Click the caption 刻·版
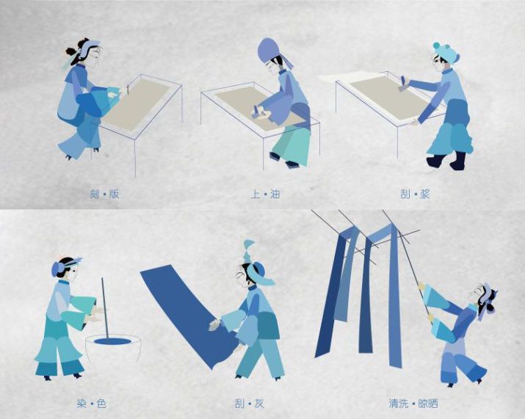pyautogui.click(x=104, y=194)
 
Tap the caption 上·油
pyautogui.click(x=265, y=194)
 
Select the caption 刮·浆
pyautogui.click(x=415, y=194)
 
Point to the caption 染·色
pyautogui.click(x=91, y=404)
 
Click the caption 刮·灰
pyautogui.click(x=249, y=404)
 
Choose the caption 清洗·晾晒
pyautogui.click(x=413, y=404)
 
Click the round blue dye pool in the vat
pyautogui.click(x=112, y=341)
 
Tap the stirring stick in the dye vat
pyautogui.click(x=104, y=308)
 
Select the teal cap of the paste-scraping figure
pyautogui.click(x=446, y=52)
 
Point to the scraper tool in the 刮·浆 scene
pyautogui.click(x=403, y=84)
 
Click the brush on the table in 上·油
pyautogui.click(x=258, y=112)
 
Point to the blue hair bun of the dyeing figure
pyautogui.click(x=57, y=269)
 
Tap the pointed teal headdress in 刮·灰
pyautogui.click(x=249, y=251)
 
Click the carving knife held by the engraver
pyautogui.click(x=128, y=90)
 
